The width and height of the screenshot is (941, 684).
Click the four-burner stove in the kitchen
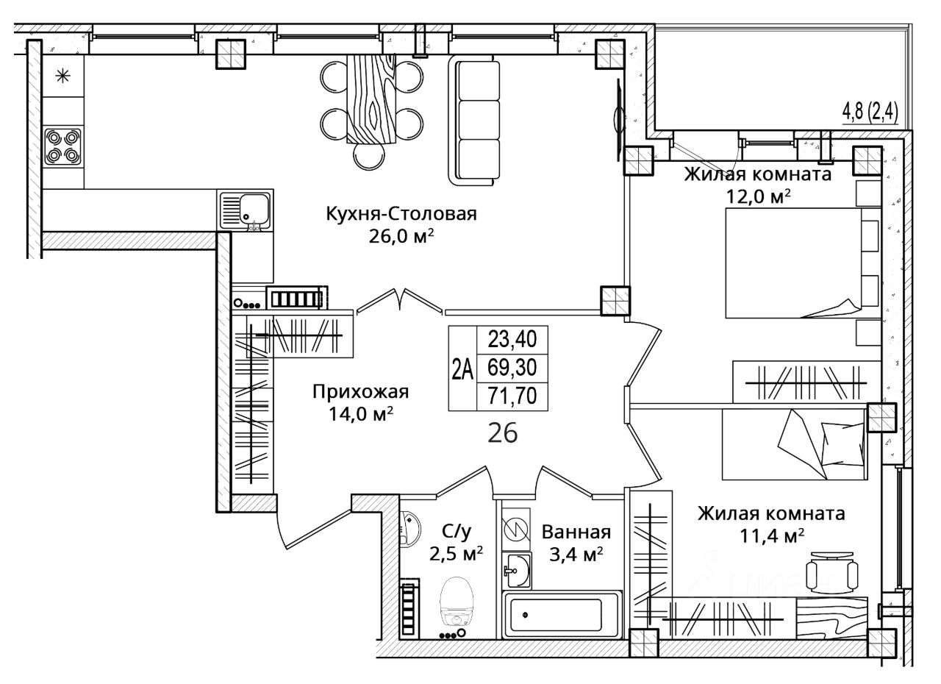point(63,146)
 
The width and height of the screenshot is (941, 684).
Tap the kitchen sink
point(245,210)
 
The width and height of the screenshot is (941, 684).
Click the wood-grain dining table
point(372,99)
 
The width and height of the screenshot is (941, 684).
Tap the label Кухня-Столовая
point(401,214)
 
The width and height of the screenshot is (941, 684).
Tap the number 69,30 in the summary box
point(512,368)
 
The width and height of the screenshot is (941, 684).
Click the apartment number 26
point(502,434)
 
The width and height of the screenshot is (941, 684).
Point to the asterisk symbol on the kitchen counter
point(63,76)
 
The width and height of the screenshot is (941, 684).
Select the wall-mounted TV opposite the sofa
point(619,120)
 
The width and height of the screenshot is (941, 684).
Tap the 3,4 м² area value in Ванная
point(576,555)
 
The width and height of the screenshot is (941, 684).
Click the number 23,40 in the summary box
point(512,339)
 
